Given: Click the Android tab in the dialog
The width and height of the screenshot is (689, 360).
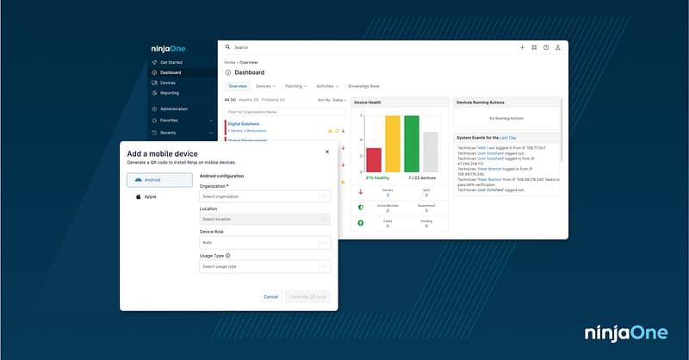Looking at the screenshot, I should (159, 180).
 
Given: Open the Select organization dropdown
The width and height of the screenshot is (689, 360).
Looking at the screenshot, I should (264, 196).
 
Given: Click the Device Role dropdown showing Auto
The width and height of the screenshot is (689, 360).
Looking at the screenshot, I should (264, 243).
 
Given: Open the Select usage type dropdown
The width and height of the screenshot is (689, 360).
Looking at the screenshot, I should (264, 267).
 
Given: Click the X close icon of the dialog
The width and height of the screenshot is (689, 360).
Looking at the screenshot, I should (326, 152).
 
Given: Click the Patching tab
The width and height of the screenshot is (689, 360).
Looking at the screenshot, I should (295, 86).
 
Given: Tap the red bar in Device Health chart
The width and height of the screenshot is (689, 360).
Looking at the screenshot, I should (374, 159).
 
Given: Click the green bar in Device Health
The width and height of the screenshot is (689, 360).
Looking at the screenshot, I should (412, 144).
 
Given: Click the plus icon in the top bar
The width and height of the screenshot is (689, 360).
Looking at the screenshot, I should (522, 47).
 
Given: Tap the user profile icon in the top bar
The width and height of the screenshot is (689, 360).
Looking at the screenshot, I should (558, 47).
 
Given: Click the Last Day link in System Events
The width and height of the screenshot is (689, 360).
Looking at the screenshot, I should (507, 138).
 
